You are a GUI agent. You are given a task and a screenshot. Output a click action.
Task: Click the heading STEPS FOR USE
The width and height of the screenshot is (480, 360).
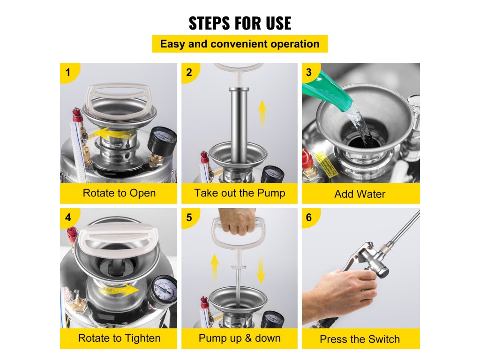coord(240,23)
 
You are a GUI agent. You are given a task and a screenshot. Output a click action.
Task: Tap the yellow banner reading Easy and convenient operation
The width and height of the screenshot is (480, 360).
coord(240,44)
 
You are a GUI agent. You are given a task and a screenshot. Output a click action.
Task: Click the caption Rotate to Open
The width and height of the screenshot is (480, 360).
coord(119,193)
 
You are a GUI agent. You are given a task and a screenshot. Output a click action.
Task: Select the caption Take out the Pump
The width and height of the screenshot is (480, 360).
coord(240,193)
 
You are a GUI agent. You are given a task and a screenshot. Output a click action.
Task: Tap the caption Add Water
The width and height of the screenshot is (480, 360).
coord(360,194)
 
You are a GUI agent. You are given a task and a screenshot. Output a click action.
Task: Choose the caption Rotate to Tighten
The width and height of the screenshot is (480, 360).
coord(119,338)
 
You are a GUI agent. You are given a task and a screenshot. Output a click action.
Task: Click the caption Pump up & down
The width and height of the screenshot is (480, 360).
coord(240,338)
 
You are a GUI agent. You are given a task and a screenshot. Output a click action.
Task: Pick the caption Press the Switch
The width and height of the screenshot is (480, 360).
coord(360,339)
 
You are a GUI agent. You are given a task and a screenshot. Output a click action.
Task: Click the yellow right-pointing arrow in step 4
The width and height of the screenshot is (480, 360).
coord(122,289)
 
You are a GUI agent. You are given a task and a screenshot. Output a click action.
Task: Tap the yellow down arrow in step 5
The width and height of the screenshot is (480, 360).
coord(261,270)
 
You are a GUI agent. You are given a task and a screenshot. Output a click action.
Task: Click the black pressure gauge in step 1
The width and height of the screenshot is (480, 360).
coord(162,142)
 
